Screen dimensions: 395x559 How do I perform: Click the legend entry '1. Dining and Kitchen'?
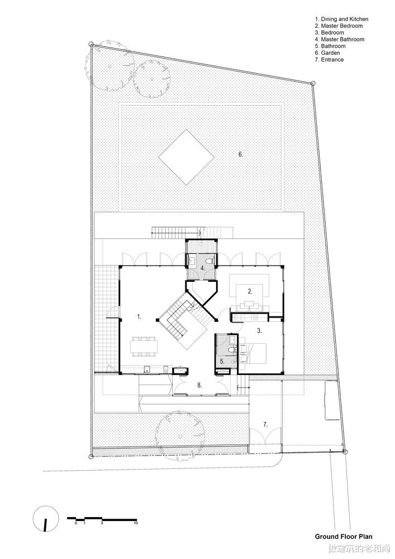tap(341, 19)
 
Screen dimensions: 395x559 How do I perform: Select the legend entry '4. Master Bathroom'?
tap(340, 39)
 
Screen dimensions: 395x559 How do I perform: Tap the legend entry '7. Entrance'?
tap(329, 60)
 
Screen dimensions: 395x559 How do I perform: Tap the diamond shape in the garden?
tap(186, 157)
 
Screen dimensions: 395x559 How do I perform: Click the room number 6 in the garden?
tap(241, 154)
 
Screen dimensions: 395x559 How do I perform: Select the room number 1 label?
tap(140, 316)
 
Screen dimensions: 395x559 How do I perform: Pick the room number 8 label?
tap(200, 385)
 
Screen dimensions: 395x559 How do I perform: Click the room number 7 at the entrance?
tap(265, 424)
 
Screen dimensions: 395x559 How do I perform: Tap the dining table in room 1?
tap(144, 347)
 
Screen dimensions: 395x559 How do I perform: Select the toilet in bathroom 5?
tap(232, 350)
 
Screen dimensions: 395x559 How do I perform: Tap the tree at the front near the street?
tap(180, 435)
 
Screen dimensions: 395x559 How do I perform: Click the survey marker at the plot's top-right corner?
tap(313, 83)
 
